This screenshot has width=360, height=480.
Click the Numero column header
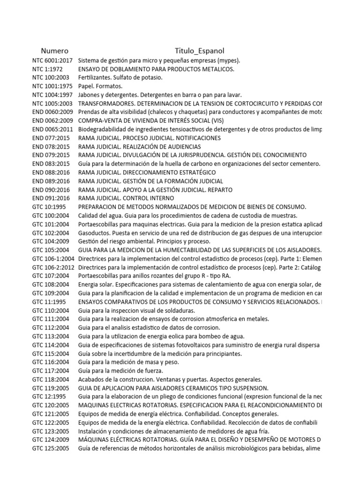(54, 51)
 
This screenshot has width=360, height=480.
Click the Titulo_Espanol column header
(200, 51)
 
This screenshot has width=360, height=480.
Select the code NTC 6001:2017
(52, 60)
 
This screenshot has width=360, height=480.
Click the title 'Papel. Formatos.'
(100, 86)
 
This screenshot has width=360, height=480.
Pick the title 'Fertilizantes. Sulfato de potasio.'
(120, 78)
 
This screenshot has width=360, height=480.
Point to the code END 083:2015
(51, 164)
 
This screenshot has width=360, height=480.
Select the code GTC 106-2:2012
(53, 267)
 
